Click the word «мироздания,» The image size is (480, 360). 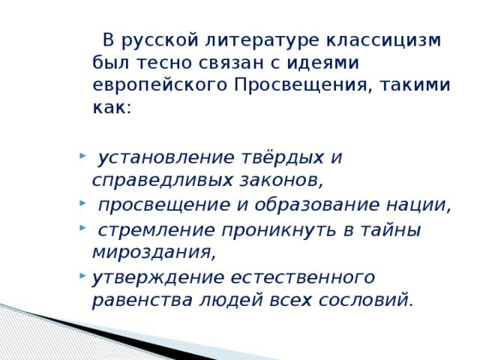point(154,251)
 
